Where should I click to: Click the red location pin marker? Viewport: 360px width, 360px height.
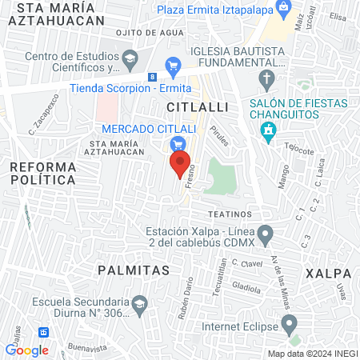pos(180,164)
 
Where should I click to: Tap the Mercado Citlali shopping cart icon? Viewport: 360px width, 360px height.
pos(178,144)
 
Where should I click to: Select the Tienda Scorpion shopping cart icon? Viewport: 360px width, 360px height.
pos(172,66)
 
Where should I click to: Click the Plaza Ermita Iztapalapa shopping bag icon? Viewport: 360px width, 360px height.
pos(284,8)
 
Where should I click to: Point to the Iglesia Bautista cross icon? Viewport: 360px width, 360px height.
pos(266,78)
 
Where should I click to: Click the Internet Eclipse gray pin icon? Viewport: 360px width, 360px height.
pos(291,324)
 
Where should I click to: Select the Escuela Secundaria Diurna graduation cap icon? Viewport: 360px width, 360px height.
pos(140,305)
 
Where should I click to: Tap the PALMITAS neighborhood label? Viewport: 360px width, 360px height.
pos(134,270)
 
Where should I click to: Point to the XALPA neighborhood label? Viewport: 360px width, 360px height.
pos(329,274)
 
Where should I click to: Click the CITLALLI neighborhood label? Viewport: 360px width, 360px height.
pos(198,106)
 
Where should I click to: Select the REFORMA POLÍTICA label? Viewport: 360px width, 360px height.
pos(43,174)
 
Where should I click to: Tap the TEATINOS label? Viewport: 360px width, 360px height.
pos(230,214)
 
